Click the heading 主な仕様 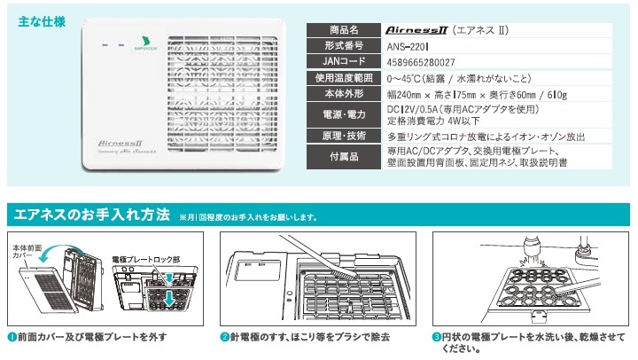(x=41, y=22)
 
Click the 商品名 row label (x=343, y=29)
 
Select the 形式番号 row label (x=343, y=46)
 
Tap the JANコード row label (x=343, y=62)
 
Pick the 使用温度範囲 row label (x=343, y=78)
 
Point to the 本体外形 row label (x=343, y=94)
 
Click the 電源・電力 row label (x=343, y=114)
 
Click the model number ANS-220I (x=409, y=46)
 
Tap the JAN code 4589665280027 (x=422, y=62)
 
